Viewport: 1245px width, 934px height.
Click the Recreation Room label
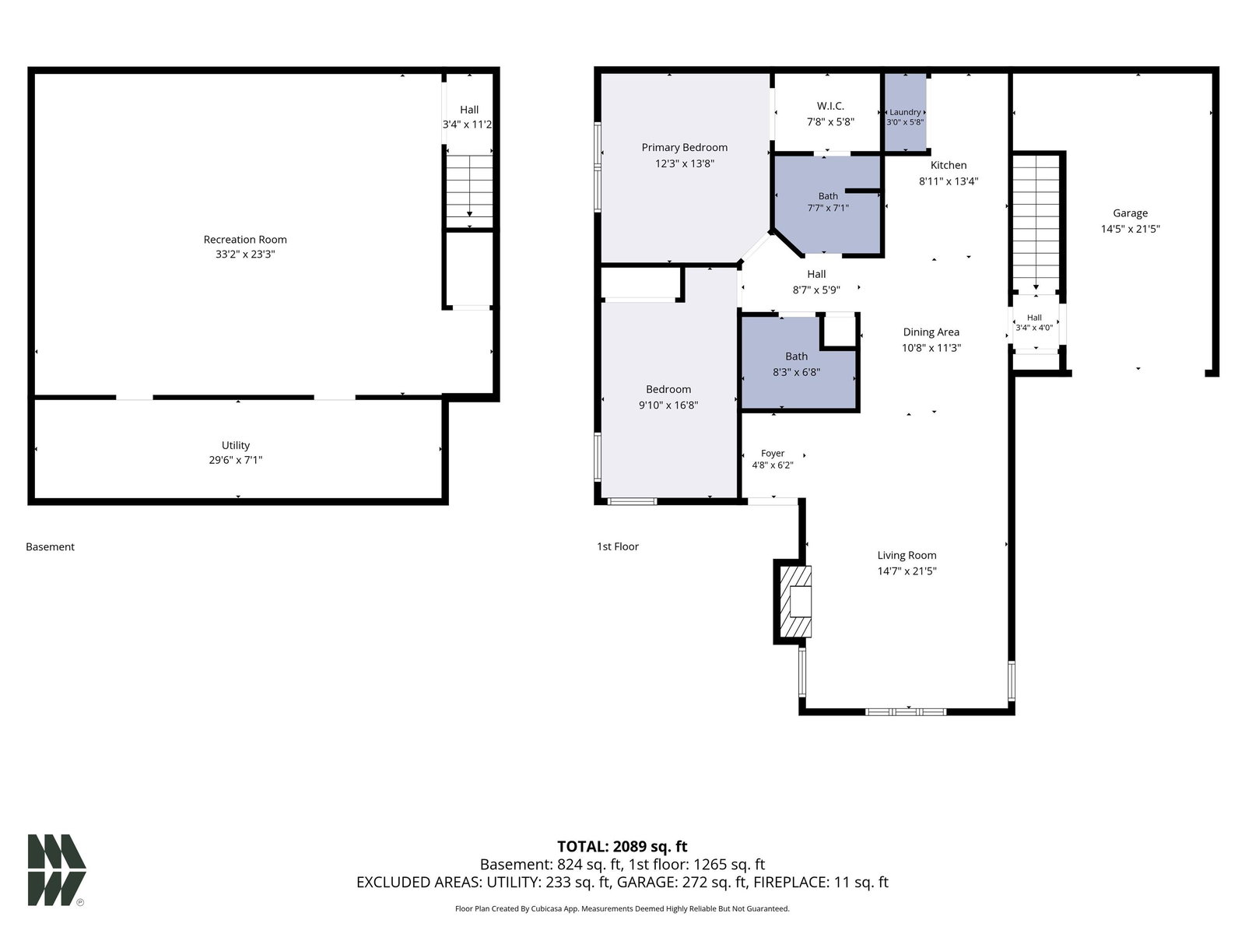245,239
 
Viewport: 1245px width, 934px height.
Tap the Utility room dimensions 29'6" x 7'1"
236,460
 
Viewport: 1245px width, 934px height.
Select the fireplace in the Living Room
793,602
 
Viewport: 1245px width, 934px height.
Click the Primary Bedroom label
684,147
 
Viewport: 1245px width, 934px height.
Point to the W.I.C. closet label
830,106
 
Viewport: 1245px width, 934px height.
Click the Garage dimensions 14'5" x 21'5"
1130,229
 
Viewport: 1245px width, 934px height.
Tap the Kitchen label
949,165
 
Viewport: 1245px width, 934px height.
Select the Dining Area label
931,332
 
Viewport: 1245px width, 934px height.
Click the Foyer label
773,453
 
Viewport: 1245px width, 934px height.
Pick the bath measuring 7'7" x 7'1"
828,204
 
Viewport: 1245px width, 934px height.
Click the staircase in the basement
469,191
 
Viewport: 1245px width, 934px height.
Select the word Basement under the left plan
50,546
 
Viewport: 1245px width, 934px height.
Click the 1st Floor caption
618,546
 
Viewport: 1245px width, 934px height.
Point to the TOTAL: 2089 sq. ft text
622,847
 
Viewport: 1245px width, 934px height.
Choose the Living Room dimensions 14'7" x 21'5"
907,571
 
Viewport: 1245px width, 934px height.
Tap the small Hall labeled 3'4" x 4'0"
1034,323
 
